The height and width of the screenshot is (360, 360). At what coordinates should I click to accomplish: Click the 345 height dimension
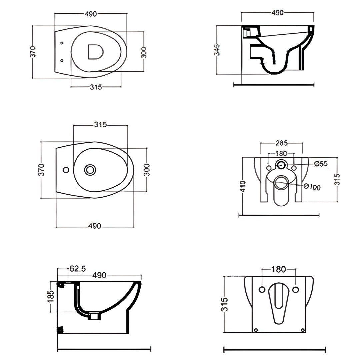(217, 50)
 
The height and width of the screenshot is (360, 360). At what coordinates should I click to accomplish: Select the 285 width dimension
(281, 143)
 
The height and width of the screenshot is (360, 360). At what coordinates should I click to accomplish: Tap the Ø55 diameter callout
(321, 164)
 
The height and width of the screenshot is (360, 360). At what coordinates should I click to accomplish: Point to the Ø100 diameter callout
(312, 187)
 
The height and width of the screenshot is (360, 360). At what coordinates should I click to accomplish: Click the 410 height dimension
(243, 186)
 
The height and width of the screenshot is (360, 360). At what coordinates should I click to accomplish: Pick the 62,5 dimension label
(78, 268)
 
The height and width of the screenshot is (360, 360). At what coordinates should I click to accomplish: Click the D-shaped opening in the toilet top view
(96, 52)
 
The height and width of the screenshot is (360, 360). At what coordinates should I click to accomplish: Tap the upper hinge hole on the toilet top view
(62, 43)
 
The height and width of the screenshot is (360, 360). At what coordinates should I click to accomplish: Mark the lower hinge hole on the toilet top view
(62, 60)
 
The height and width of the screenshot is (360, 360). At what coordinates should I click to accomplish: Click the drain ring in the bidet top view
(90, 170)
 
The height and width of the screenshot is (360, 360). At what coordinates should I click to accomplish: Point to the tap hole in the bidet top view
(66, 170)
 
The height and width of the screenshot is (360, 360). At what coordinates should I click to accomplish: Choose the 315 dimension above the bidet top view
(101, 125)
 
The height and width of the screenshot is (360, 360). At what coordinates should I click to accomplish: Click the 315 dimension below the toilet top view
(96, 87)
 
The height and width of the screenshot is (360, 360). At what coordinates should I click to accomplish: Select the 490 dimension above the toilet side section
(278, 13)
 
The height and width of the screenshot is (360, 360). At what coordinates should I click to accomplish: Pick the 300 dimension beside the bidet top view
(147, 170)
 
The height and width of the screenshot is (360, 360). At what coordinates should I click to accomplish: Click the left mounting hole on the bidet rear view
(262, 290)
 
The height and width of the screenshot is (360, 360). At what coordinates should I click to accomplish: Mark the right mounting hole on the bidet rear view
(296, 290)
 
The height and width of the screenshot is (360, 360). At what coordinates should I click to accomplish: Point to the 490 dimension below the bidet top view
(95, 226)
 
